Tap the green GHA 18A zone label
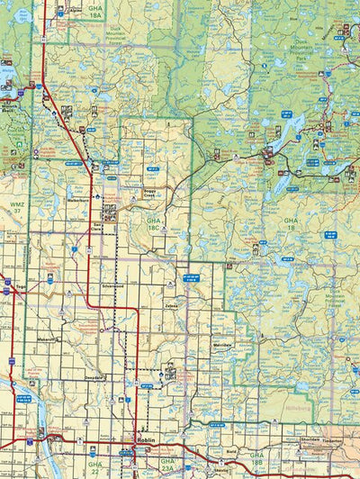(94, 12)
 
